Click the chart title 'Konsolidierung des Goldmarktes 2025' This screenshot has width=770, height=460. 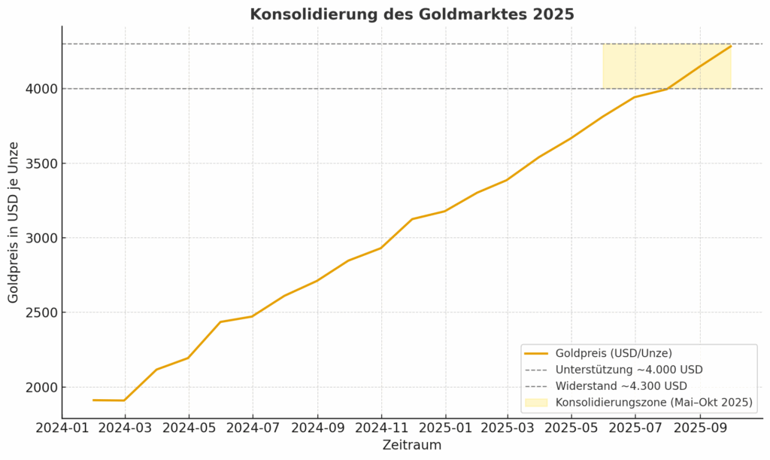(412, 14)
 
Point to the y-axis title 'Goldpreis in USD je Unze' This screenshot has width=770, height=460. (14, 223)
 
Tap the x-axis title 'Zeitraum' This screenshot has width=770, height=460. (411, 445)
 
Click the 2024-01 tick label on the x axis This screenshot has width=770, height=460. (62, 428)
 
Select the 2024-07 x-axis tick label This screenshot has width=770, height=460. (253, 428)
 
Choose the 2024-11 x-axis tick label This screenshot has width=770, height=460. (381, 428)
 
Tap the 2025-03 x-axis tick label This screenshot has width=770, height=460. (508, 428)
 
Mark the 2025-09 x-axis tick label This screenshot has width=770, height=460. (700, 428)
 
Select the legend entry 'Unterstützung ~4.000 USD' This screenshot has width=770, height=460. (629, 370)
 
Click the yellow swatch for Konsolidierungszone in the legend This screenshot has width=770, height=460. (537, 403)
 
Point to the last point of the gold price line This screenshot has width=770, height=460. (731, 46)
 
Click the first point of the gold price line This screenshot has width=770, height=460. (93, 400)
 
